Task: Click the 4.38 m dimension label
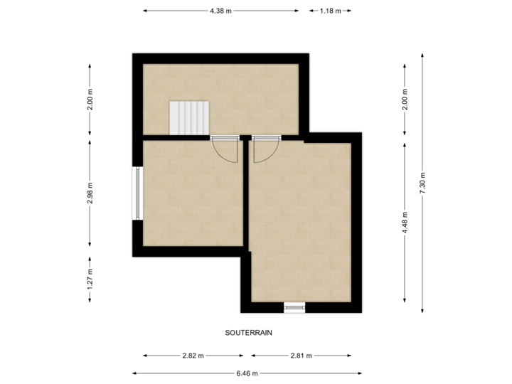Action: click(220, 11)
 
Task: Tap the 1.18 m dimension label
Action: click(330, 11)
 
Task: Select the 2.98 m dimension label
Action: click(90, 193)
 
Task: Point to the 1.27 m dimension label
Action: click(90, 279)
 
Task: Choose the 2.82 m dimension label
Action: click(193, 356)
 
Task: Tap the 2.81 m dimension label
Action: click(301, 356)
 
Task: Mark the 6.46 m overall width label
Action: click(247, 373)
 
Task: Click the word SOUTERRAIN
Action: click(249, 332)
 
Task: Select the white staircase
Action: click(189, 117)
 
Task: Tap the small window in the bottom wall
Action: click(294, 307)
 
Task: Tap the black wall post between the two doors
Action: click(245, 137)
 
